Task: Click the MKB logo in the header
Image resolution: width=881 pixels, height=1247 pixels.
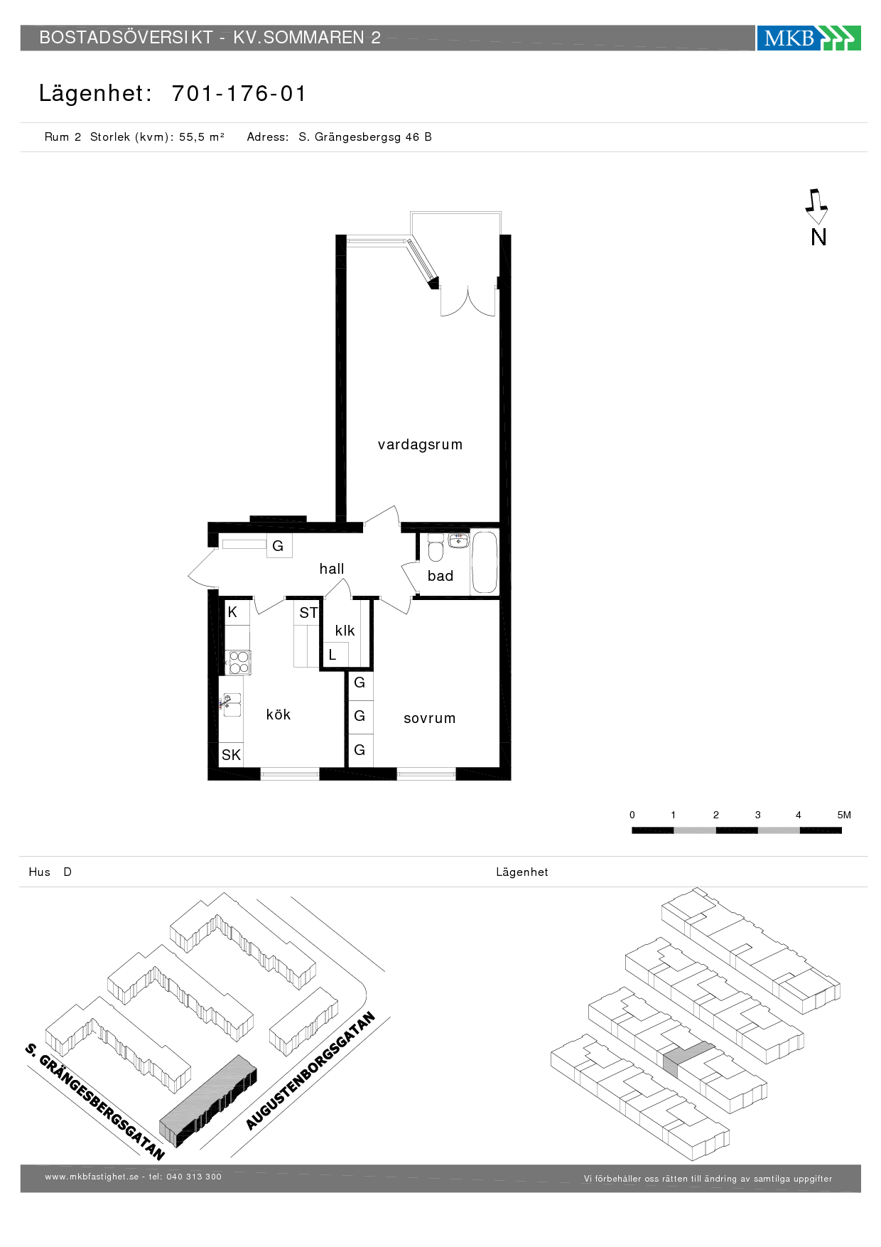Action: pyautogui.click(x=809, y=38)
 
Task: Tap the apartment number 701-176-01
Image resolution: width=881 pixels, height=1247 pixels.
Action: pyautogui.click(x=239, y=93)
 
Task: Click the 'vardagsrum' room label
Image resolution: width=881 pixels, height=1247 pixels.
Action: pyautogui.click(x=420, y=445)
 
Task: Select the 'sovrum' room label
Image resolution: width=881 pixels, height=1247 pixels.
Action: pyautogui.click(x=430, y=718)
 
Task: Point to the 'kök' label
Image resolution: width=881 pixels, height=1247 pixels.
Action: pyautogui.click(x=279, y=715)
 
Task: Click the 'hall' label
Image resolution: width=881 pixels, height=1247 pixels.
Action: pyautogui.click(x=332, y=569)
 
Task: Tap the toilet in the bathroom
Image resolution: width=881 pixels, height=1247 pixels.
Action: pyautogui.click(x=436, y=547)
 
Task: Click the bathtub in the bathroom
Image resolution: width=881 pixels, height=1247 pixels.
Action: pyautogui.click(x=485, y=562)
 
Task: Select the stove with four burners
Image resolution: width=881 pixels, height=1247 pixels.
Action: pyautogui.click(x=239, y=662)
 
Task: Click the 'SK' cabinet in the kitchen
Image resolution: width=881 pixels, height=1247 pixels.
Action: pyautogui.click(x=231, y=754)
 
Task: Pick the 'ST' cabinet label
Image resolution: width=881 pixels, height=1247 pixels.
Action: pyautogui.click(x=308, y=613)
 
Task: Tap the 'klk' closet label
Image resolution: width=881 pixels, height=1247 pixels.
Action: pyautogui.click(x=345, y=631)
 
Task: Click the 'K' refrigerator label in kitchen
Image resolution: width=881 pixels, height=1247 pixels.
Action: pyautogui.click(x=232, y=612)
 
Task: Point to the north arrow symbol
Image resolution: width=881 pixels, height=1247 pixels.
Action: pyautogui.click(x=816, y=206)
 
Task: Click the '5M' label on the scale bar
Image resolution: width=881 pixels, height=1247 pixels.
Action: pyautogui.click(x=844, y=815)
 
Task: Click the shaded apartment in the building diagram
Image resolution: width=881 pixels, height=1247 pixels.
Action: pyautogui.click(x=686, y=1057)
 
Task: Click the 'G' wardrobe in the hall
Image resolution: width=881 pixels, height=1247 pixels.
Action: pyautogui.click(x=279, y=546)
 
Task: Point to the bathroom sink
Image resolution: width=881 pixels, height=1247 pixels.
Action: pyautogui.click(x=459, y=540)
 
